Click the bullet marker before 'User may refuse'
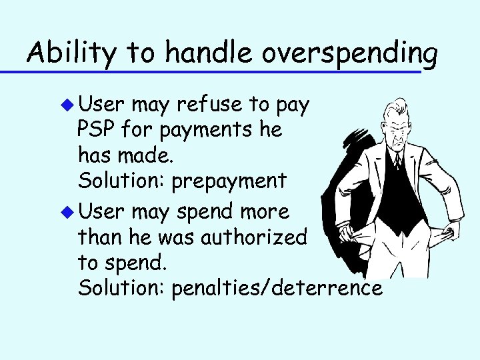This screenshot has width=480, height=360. point(69,105)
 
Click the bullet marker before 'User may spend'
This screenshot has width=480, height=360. point(69,213)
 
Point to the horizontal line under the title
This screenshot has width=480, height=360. point(220,70)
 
